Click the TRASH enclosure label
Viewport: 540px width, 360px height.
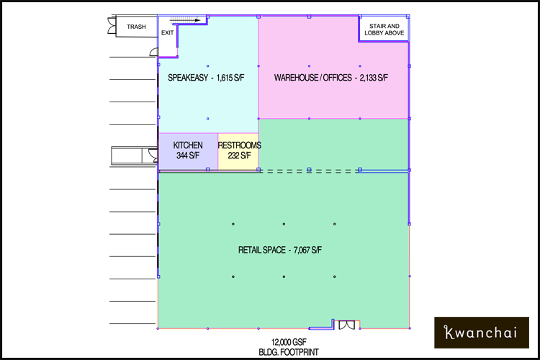point(136,27)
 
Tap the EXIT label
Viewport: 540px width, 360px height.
point(167,32)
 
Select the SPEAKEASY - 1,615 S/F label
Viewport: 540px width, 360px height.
point(206,78)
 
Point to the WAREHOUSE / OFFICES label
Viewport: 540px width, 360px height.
point(313,78)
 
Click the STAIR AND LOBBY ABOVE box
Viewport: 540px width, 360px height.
point(384,30)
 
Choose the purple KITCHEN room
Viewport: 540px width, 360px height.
point(188,151)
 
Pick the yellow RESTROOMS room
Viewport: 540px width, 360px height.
point(238,151)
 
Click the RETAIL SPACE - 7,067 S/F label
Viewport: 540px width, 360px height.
point(280,250)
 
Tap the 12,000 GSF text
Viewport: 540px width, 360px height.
point(289,342)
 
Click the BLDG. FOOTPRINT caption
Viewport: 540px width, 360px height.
point(289,352)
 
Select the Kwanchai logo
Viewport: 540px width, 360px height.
point(482,333)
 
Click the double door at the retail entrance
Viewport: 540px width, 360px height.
point(346,325)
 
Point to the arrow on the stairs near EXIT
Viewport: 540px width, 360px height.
point(186,20)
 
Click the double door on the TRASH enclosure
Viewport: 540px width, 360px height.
point(112,26)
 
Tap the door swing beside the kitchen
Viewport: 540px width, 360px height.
point(153,155)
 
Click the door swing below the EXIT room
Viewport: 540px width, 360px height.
point(154,52)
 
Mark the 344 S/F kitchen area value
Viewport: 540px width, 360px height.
point(188,156)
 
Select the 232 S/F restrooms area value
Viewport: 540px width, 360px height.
point(239,156)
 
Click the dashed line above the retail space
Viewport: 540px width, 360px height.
point(310,171)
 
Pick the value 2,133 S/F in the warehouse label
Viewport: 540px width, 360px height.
point(374,78)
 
